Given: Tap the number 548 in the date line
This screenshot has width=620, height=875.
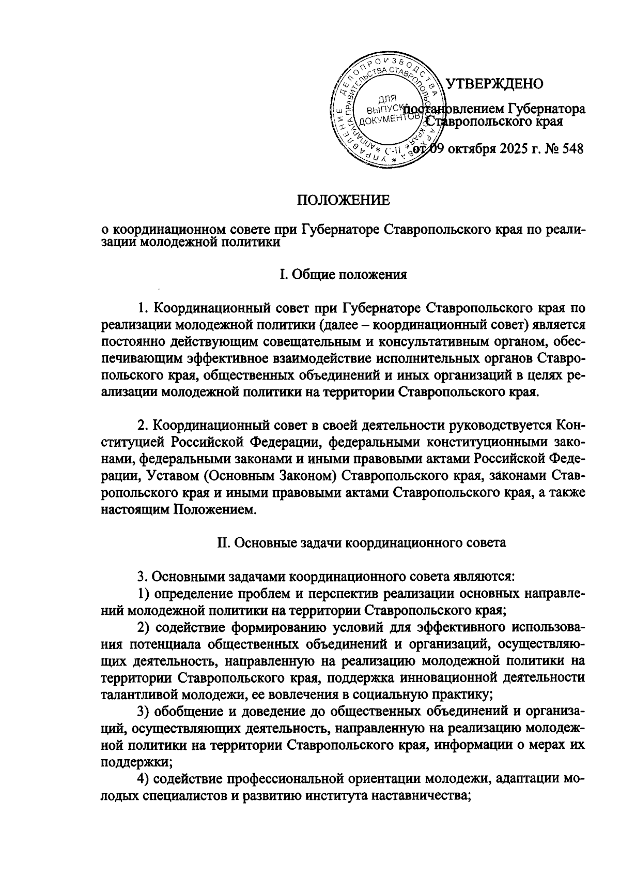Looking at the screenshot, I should (x=572, y=149).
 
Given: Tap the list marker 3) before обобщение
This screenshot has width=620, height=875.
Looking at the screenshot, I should (x=144, y=712).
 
